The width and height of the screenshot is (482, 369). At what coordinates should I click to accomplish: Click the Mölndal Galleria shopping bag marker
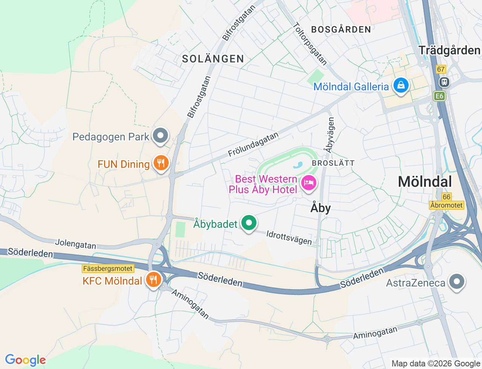pos(401,85)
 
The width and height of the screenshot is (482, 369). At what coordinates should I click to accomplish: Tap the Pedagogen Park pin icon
pos(161,136)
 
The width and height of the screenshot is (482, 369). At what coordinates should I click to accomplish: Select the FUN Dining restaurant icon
pos(161,163)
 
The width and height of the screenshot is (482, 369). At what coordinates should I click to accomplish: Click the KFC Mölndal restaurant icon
pos(153,280)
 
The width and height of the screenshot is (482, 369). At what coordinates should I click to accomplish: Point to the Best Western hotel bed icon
pos(309,183)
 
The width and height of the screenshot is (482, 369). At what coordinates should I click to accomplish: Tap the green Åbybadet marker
pos(249,223)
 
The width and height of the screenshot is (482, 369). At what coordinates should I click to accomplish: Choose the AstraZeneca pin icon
pos(457,282)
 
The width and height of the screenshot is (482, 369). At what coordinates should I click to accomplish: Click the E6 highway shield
pos(439,96)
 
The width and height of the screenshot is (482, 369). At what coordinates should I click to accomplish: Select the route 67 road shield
pos(441,69)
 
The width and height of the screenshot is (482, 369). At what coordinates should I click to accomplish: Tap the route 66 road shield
pos(447,197)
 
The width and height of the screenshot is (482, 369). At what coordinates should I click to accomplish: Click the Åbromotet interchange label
pos(447,205)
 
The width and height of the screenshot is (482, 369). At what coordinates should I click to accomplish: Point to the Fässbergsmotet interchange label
pos(108,269)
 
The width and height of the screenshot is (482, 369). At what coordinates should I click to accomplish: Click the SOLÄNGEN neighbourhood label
pos(213,59)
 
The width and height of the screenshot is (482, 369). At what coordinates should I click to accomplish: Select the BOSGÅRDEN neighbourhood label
pos(341,29)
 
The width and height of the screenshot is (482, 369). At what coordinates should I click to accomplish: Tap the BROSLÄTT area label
pos(333,163)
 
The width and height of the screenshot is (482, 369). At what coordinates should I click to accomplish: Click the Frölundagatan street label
pos(253,145)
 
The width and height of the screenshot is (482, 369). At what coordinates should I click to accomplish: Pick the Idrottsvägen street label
pos(289,238)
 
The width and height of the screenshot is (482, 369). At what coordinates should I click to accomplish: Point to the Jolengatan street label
pos(76,244)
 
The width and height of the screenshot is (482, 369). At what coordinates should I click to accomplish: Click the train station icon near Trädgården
pos(444,82)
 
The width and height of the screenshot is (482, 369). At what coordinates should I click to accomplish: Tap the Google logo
pos(25,360)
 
